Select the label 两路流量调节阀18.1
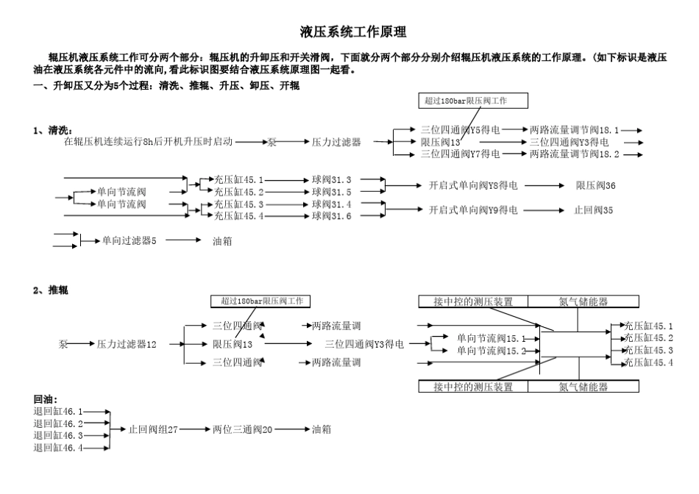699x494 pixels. tap(575, 129)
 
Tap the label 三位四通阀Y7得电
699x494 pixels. tap(461, 154)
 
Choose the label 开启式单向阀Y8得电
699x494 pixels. tap(473, 185)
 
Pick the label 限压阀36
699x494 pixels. tap(595, 185)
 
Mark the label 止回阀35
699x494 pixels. tap(595, 210)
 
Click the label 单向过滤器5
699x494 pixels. tap(129, 240)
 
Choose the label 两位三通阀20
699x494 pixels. tap(243, 429)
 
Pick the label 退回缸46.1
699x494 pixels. tap(58, 412)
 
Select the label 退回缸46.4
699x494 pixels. tap(58, 447)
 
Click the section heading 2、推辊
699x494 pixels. tap(51, 290)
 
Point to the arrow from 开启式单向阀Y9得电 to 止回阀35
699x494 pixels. tap(544, 210)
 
